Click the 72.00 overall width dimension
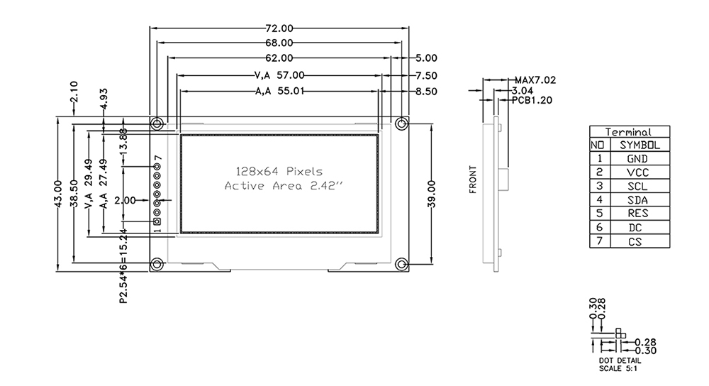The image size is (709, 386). tap(279, 28)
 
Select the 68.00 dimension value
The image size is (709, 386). tap(279, 43)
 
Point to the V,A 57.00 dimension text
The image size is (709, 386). tap(279, 75)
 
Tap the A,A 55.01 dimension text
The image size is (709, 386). tap(279, 91)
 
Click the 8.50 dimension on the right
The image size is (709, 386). tap(427, 91)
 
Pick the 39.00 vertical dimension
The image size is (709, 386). tap(432, 192)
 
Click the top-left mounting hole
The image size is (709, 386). tap(157, 123)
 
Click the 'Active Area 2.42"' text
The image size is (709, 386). tap(283, 186)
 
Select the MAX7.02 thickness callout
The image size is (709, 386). tap(535, 80)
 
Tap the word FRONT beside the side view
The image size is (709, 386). tap(474, 180)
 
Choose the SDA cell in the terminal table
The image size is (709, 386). tap(637, 199)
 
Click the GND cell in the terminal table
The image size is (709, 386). tap(637, 158)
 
